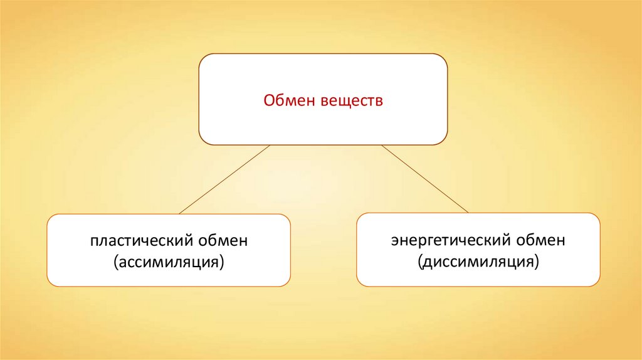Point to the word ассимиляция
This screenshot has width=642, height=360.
[169, 260]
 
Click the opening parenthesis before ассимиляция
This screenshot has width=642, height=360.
[115, 261]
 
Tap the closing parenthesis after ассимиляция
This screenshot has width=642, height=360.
[223, 261]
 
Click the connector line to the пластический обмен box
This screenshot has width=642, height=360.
[224, 179]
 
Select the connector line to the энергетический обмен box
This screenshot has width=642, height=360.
[425, 179]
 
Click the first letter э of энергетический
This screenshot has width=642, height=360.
[396, 241]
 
